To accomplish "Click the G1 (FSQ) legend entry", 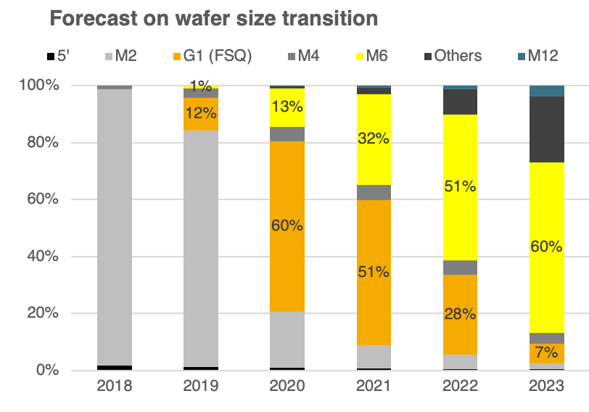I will tap(210, 56).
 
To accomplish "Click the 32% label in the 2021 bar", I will tap(374, 140).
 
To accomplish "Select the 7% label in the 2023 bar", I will tap(546, 353).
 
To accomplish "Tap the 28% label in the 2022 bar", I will tap(460, 314).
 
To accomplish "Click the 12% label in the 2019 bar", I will tap(200, 114).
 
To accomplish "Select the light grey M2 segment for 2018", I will tap(115, 225).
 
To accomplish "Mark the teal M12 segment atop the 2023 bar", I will tap(546, 91).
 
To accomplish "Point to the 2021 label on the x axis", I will tap(374, 387).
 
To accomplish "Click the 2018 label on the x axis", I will tap(115, 387).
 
